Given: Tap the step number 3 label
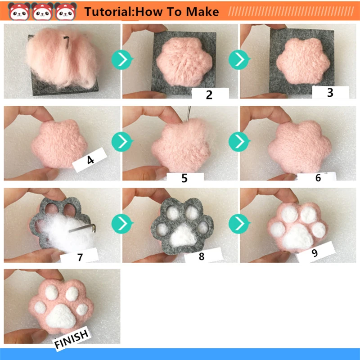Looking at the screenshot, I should point(330,93).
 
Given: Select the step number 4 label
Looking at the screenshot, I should point(90,160).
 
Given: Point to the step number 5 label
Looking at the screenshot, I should point(184,177).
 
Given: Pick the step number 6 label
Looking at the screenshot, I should point(318,177).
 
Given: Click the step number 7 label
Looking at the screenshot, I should point(80,257).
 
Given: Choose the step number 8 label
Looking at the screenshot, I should point(201,256).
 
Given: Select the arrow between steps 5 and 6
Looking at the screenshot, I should point(239,142).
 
